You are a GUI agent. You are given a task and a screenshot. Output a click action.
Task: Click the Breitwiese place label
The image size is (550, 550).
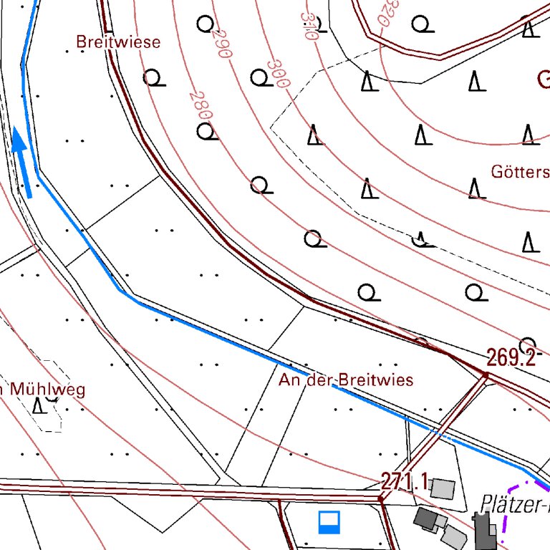coord(118,42)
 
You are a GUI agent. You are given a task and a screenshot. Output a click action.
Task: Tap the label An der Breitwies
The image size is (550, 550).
coord(346,380)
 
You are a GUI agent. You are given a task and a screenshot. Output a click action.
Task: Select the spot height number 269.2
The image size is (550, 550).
coord(511,357)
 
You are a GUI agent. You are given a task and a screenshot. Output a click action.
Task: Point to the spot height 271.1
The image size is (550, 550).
coord(404,482)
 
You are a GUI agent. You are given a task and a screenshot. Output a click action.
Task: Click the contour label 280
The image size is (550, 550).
coord(202,105)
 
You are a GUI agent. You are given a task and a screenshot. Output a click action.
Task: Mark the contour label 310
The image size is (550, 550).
coord(309,26)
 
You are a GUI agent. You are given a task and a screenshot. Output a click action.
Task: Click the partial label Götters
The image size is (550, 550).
coord(520,172)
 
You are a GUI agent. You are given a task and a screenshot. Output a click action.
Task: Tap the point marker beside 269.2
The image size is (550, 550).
coord(486,375)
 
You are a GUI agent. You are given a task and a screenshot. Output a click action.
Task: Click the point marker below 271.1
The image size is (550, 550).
coord(380,497)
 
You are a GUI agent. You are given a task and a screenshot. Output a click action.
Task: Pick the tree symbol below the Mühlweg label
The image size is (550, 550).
coord(40,406)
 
